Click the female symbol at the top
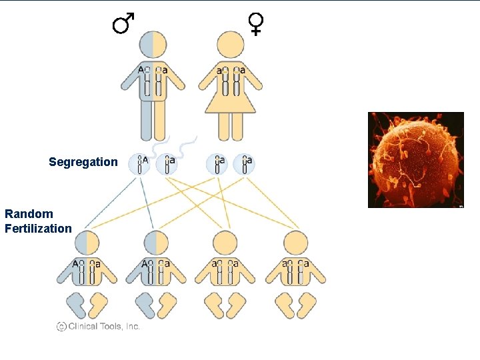coord(256,23)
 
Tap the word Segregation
coord(83,162)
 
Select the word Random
coord(29,214)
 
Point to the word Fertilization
coord(38,229)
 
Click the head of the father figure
coord(153,45)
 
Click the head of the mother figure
coord(231,45)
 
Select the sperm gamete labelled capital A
coord(141,164)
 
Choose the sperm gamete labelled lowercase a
coord(167,164)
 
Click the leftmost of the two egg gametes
coord(217,164)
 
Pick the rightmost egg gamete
coord(245,164)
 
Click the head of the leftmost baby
coord(87,242)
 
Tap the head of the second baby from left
coord(155,242)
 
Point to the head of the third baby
coord(225,242)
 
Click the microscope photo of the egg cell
coord(415,160)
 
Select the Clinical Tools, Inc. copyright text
coord(98,326)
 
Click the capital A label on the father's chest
coord(141,69)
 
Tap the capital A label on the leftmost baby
coord(76,263)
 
